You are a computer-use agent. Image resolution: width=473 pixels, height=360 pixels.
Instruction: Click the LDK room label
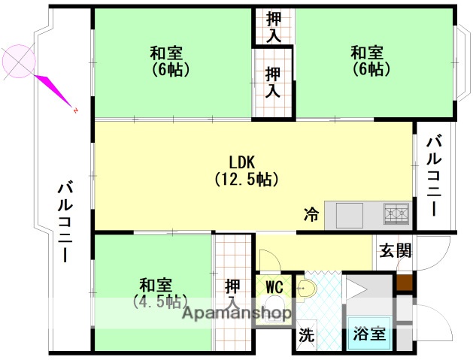click(243, 162)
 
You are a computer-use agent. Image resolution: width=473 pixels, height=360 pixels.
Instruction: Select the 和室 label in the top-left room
click(167, 53)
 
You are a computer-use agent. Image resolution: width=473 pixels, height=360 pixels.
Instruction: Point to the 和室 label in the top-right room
click(368, 53)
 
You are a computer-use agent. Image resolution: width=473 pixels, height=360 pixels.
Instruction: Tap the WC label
click(274, 286)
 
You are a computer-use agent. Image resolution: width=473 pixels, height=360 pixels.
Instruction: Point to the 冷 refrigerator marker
click(311, 215)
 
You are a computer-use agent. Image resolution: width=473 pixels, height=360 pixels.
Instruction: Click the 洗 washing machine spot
click(305, 334)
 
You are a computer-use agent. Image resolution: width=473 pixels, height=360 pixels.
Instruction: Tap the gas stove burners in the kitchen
click(396, 214)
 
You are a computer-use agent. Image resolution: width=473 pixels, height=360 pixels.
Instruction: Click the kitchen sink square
click(350, 215)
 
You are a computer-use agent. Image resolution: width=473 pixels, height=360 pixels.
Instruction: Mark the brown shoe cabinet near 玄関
click(405, 285)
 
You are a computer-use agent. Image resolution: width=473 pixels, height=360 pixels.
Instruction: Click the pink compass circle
click(18, 61)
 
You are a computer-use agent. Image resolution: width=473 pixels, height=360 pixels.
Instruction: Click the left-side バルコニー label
click(65, 222)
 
